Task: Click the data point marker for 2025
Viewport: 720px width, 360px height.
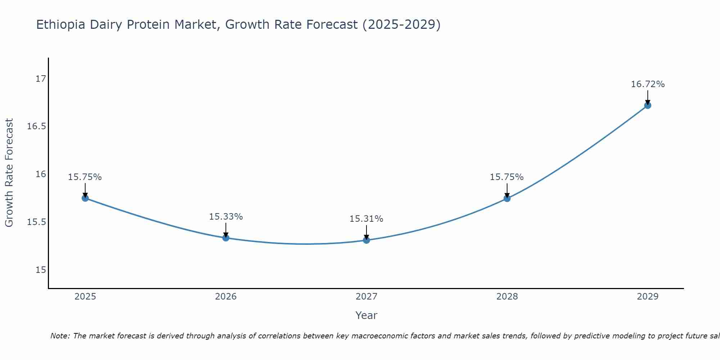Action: point(85,198)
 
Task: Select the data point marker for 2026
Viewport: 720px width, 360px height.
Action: point(226,238)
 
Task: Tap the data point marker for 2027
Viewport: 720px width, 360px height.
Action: point(366,240)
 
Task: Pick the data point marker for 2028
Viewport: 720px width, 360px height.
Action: point(507,198)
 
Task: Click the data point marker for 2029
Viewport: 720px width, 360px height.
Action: point(648,105)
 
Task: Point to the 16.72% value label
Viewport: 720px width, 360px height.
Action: point(648,84)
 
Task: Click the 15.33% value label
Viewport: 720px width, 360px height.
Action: point(226,217)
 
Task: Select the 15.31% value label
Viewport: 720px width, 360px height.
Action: point(366,219)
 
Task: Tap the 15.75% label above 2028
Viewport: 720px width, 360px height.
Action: point(507,177)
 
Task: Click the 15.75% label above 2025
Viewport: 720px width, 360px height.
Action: point(85,177)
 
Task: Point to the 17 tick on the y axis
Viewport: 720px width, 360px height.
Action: point(41,78)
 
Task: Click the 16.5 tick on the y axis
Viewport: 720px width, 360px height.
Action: point(37,126)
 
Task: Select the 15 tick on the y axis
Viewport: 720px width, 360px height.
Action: point(41,270)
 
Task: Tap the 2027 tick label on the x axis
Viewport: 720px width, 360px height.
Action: point(366,297)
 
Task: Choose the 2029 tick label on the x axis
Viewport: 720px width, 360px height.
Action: point(648,297)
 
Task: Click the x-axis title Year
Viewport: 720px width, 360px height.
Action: point(366,315)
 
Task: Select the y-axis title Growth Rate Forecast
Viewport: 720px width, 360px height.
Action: point(9,173)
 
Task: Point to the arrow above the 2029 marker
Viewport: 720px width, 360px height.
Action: point(648,97)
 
